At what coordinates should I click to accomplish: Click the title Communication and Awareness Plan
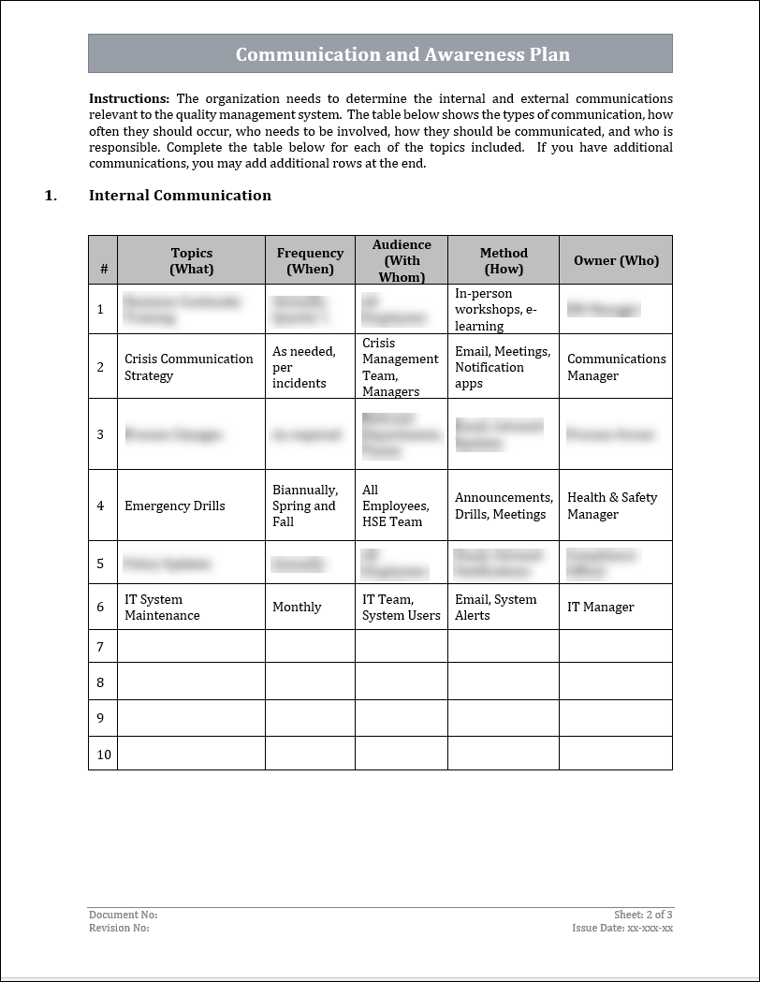(x=402, y=54)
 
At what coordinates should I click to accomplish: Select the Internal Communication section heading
(x=180, y=196)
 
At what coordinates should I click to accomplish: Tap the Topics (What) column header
(x=192, y=261)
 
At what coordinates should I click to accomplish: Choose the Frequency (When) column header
(x=310, y=261)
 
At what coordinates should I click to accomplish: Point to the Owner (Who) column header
(x=616, y=261)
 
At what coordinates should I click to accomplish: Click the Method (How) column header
(x=504, y=261)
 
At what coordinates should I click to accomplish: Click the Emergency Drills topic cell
(x=175, y=506)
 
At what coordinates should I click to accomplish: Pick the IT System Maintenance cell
(x=162, y=608)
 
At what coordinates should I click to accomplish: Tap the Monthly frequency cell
(x=297, y=608)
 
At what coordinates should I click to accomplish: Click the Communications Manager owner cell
(x=616, y=367)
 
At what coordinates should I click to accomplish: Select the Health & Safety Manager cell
(x=612, y=506)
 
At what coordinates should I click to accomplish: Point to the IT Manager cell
(x=600, y=608)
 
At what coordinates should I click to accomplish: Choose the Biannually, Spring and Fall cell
(x=305, y=506)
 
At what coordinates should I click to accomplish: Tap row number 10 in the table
(x=103, y=755)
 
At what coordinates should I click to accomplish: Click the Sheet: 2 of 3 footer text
(x=643, y=915)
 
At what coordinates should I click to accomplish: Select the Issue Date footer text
(x=622, y=929)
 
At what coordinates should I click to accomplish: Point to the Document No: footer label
(x=123, y=915)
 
